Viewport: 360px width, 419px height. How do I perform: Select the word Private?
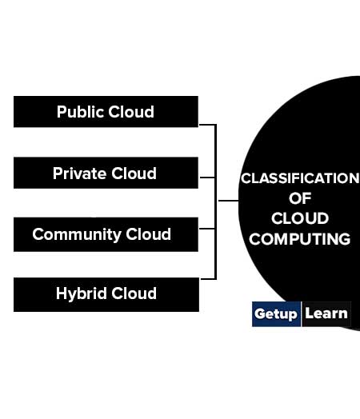(79, 174)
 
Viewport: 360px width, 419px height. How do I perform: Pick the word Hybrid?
(82, 293)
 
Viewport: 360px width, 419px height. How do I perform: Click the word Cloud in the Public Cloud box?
(131, 112)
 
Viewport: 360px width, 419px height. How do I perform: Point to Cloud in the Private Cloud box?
(134, 174)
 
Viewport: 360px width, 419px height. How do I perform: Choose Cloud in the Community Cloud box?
(148, 234)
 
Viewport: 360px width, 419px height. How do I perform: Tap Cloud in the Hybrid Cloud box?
(134, 293)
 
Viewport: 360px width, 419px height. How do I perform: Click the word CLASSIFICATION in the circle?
(300, 178)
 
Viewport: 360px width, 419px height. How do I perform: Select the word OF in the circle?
(300, 198)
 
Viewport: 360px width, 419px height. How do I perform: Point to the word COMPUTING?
(299, 239)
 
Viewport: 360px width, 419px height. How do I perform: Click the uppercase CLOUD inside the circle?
(300, 218)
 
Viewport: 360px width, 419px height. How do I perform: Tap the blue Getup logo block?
(276, 314)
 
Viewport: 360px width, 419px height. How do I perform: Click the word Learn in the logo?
(326, 313)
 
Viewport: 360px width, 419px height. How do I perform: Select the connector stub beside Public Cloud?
(207, 125)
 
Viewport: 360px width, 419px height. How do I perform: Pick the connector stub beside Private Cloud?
(207, 178)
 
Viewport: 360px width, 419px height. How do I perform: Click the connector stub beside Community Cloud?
(207, 229)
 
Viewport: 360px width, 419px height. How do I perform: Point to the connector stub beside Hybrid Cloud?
(208, 279)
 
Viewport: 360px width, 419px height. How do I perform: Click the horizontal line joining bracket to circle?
(228, 201)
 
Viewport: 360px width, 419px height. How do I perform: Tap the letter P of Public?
(61, 112)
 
